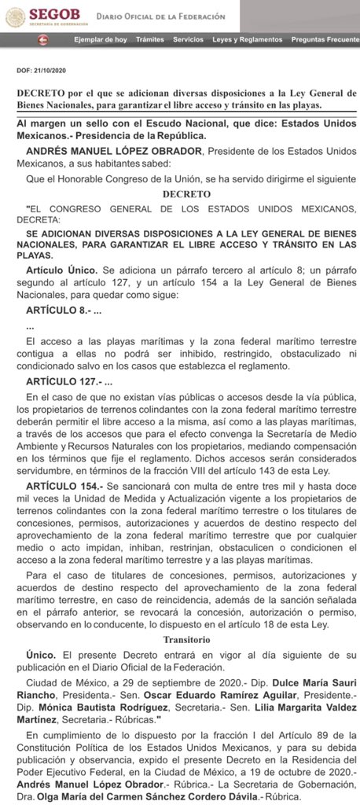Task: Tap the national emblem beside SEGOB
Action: [x=14, y=16]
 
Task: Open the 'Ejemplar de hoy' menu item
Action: [x=100, y=39]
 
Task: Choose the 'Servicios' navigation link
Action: [x=188, y=39]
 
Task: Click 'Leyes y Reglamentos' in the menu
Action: [x=247, y=39]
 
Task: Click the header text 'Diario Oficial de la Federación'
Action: [x=160, y=16]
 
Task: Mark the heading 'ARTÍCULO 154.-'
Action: [x=65, y=488]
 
